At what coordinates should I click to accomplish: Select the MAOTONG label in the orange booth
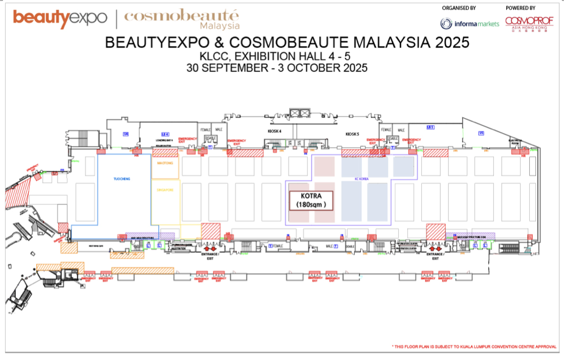(165, 163)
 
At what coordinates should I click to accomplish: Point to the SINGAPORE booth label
(165, 190)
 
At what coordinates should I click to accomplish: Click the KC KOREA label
(362, 179)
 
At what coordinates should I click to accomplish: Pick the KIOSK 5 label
(353, 134)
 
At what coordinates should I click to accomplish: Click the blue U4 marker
(125, 133)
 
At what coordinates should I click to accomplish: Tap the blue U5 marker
(481, 133)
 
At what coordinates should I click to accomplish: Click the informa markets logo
(470, 24)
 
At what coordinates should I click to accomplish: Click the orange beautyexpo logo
(60, 18)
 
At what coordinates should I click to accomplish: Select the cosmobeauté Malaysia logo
(182, 19)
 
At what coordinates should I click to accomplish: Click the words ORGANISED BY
(459, 8)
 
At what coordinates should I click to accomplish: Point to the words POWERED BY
(520, 8)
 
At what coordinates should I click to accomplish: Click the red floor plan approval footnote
(474, 347)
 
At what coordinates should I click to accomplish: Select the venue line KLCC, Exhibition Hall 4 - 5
(282, 56)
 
